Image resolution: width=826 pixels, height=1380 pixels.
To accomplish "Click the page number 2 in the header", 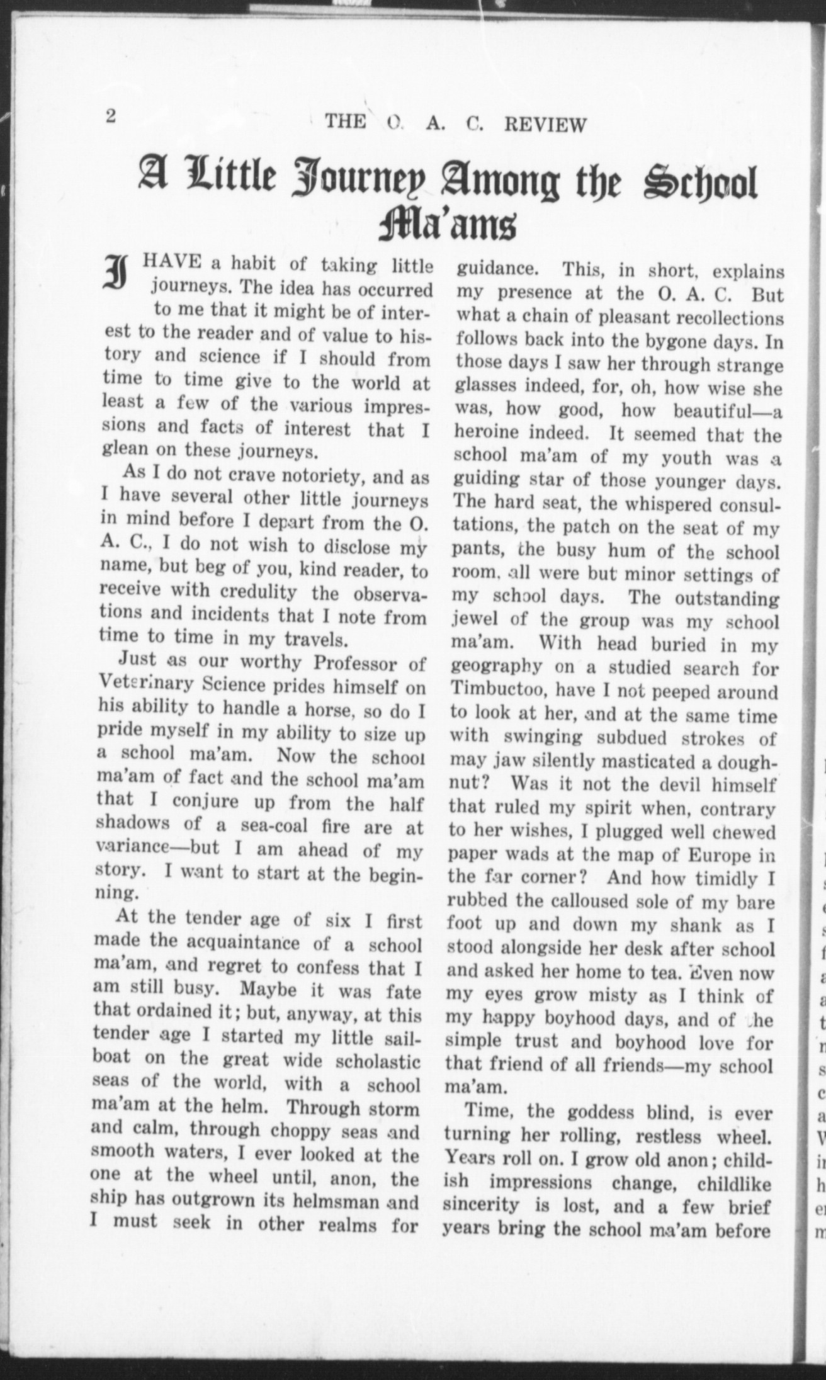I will [111, 118].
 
